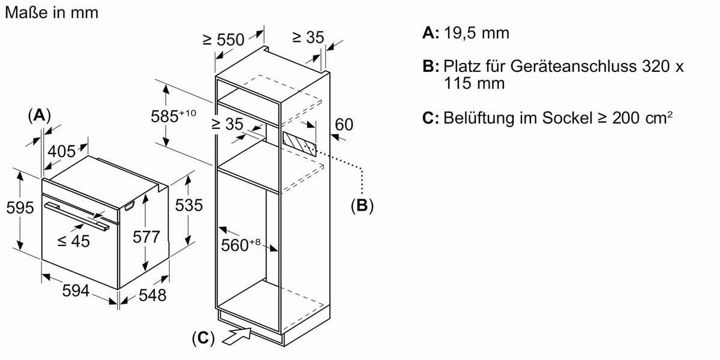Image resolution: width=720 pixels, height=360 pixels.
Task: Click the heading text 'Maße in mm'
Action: click(x=51, y=12)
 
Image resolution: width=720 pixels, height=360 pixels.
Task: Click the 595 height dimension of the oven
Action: click(x=19, y=208)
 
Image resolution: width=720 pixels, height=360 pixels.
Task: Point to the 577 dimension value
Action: click(x=146, y=237)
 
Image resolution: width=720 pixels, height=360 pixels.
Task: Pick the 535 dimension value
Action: click(x=188, y=205)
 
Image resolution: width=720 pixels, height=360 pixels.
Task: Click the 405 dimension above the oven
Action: click(x=62, y=151)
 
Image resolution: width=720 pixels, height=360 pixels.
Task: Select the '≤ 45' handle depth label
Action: click(x=73, y=241)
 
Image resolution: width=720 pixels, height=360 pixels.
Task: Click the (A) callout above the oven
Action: click(x=40, y=115)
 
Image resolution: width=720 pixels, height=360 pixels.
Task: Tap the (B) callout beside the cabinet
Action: click(x=362, y=206)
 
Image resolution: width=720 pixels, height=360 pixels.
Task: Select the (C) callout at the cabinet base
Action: click(x=203, y=338)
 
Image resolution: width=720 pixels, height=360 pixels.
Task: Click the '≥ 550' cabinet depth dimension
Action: click(x=223, y=40)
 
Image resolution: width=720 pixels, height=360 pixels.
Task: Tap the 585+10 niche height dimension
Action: click(x=173, y=116)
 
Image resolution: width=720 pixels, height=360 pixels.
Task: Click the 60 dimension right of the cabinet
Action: click(x=343, y=125)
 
